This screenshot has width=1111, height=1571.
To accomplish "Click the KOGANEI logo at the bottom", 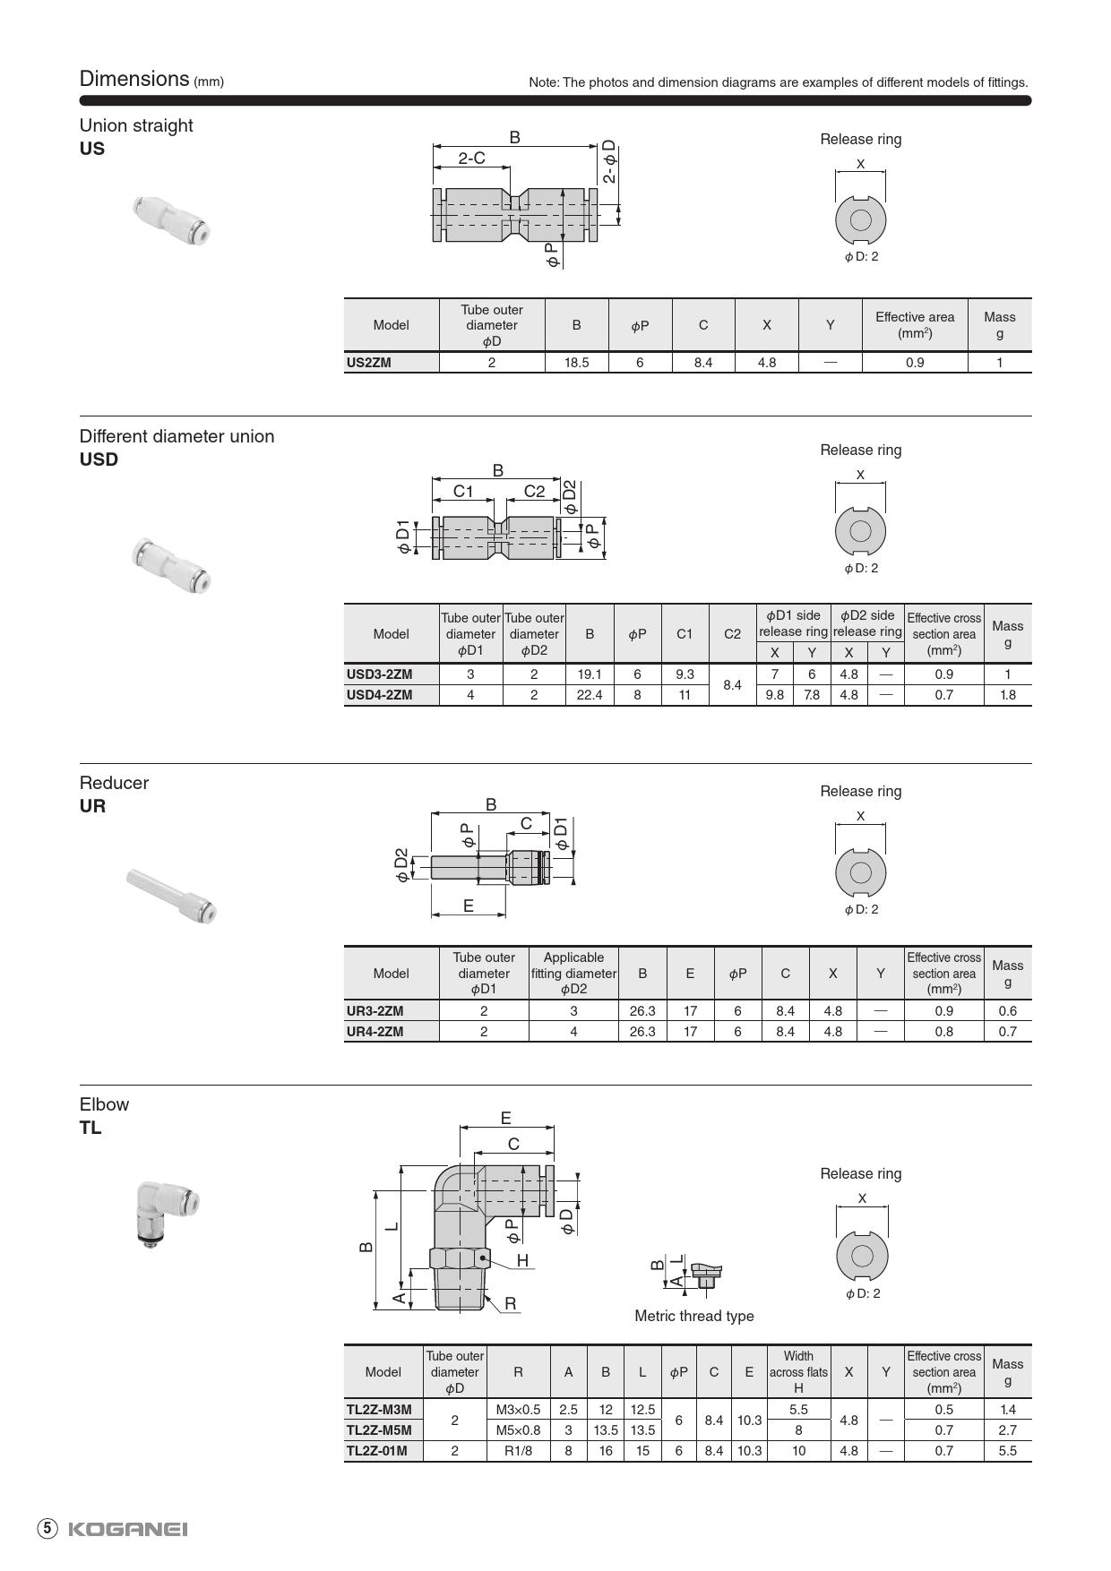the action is click(x=127, y=1529).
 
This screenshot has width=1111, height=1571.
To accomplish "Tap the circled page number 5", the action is click(x=47, y=1529).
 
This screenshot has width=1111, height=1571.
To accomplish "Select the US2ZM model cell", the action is click(x=369, y=363).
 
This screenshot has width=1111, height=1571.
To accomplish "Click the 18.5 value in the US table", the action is click(x=576, y=363).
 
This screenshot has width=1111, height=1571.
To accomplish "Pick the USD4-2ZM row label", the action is click(x=380, y=695).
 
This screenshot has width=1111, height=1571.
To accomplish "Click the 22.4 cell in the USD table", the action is click(x=590, y=695).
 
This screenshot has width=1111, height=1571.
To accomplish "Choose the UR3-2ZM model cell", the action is click(x=375, y=1011).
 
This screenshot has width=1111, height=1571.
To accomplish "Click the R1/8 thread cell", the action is click(x=518, y=1451).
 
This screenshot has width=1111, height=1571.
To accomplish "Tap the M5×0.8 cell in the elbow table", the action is click(x=518, y=1430).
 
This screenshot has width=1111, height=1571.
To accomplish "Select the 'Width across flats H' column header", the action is click(x=798, y=1372).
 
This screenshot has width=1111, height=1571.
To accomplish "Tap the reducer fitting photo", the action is click(x=172, y=896).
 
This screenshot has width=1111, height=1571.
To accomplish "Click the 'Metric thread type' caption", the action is click(x=694, y=1316).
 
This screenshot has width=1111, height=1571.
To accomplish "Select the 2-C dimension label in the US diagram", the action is click(x=471, y=159).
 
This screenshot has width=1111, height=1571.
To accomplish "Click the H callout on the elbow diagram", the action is click(x=522, y=1260).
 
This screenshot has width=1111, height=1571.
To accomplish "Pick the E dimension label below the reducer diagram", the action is click(x=468, y=906).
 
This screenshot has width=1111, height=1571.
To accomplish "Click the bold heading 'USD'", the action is click(x=99, y=459).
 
